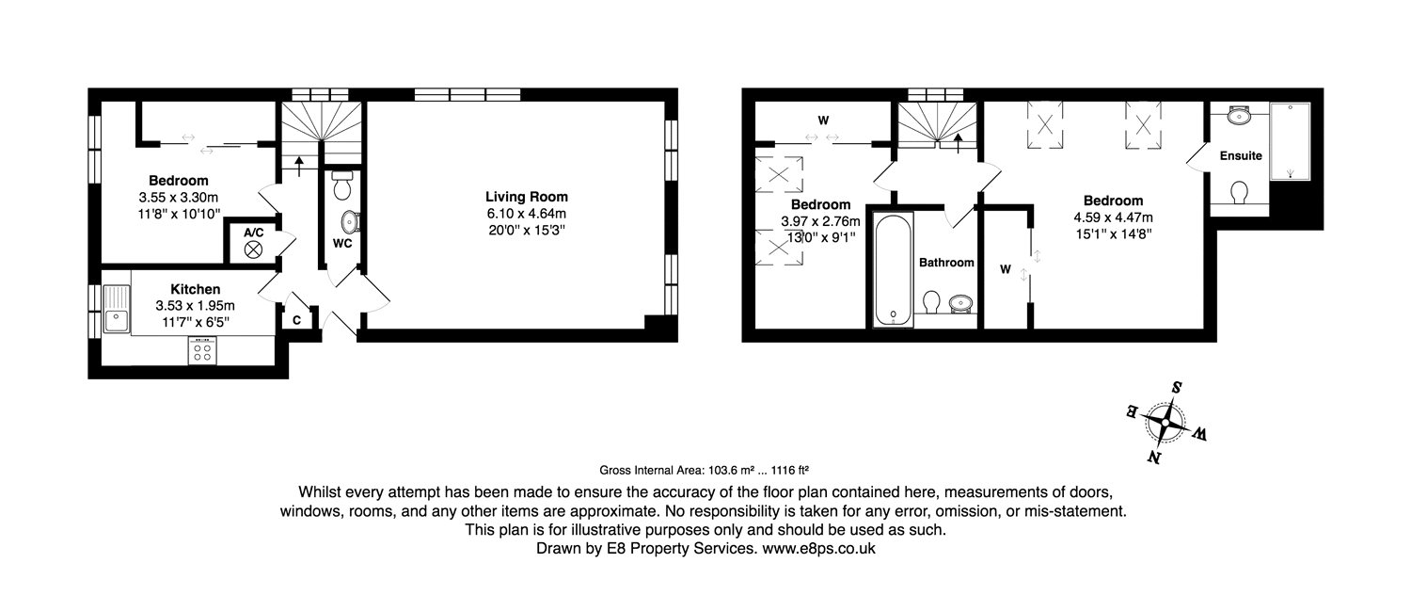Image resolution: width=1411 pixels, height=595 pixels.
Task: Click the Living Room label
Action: pos(526,197)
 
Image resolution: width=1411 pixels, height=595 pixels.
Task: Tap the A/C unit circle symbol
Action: pos(252,249)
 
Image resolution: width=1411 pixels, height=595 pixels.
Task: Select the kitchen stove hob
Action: pos(202,351)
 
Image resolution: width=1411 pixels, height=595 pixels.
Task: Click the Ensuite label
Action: pos(1240,155)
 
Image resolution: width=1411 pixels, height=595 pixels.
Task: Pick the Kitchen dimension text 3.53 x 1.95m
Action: pos(196,305)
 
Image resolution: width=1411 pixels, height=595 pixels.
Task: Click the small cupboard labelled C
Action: pos(296,320)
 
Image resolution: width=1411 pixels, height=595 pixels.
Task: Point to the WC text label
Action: pos(341,243)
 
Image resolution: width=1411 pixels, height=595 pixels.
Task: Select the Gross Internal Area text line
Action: pos(705,470)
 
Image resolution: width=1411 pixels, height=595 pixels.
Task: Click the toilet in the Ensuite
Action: pos(1239,193)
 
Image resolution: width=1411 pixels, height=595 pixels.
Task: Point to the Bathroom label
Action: pos(946,263)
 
